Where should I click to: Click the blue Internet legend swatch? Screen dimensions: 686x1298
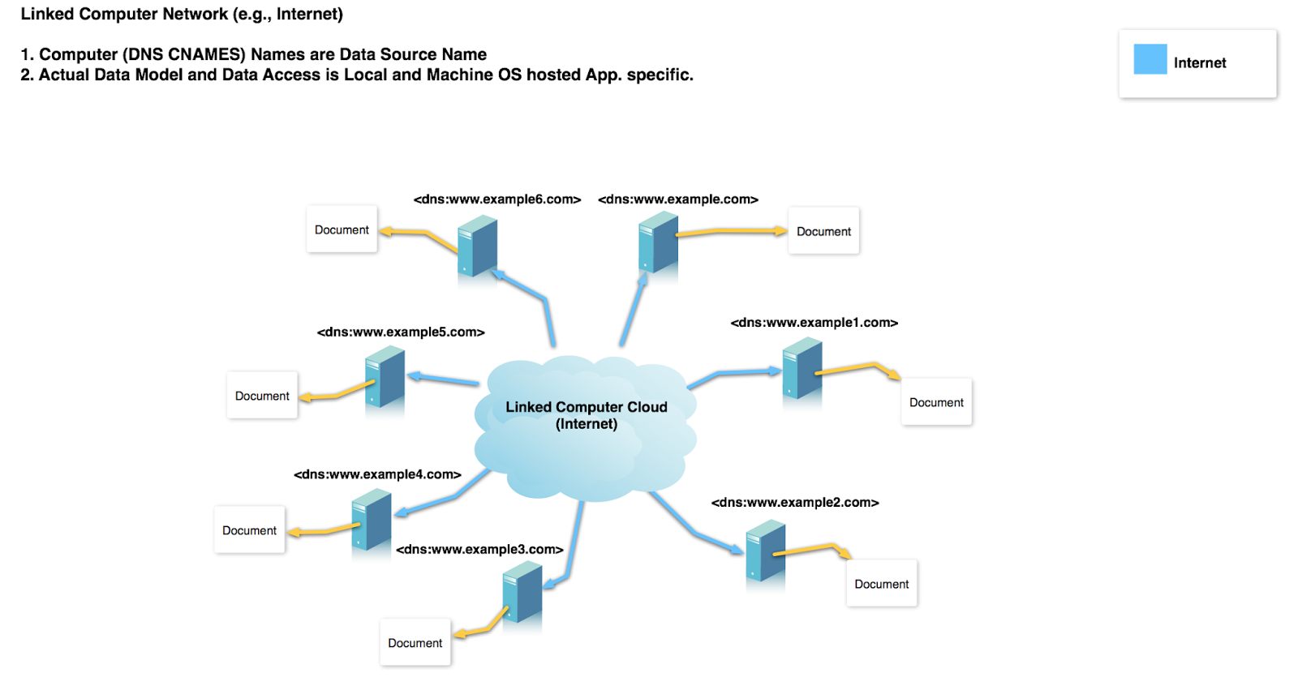pyautogui.click(x=1150, y=59)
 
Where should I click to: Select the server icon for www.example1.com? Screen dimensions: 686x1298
pyautogui.click(x=802, y=369)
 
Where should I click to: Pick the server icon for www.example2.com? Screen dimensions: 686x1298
pyautogui.click(x=765, y=551)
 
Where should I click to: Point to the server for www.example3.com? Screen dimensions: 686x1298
pyautogui.click(x=522, y=592)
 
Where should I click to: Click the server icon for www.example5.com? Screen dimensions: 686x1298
pyautogui.click(x=385, y=376)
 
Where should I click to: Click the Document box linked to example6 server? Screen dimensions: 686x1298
pyautogui.click(x=342, y=229)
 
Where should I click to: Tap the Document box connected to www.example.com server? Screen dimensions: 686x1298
pyautogui.click(x=823, y=231)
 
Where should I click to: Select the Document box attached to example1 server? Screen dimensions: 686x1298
pyautogui.click(x=936, y=402)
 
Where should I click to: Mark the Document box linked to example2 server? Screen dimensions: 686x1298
pyautogui.click(x=881, y=584)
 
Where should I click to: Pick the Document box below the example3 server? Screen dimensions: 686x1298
pyautogui.click(x=415, y=643)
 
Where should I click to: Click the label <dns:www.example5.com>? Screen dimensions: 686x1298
pyautogui.click(x=401, y=332)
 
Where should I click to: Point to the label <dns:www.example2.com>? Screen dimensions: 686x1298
pyautogui.click(x=795, y=502)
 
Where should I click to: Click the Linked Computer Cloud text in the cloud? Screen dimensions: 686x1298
pyautogui.click(x=586, y=407)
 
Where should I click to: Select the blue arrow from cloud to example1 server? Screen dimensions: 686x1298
pyautogui.click(x=733, y=373)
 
